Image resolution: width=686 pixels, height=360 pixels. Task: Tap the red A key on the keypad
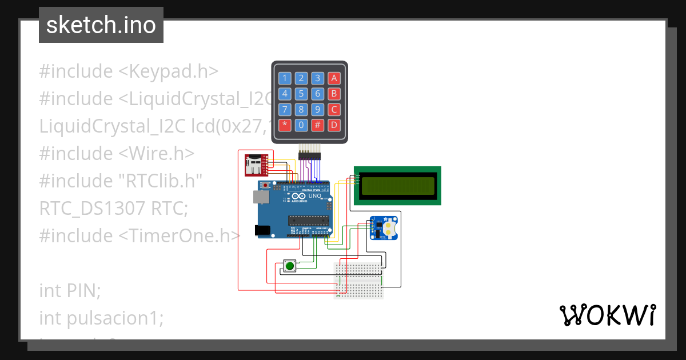click(335, 78)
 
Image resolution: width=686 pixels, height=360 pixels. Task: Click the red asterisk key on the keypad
click(284, 124)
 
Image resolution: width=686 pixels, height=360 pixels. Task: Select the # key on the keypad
click(318, 124)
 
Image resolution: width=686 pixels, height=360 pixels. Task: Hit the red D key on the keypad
click(335, 124)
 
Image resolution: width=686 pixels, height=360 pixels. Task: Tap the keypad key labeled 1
click(284, 78)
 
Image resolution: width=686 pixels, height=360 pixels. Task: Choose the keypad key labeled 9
click(318, 109)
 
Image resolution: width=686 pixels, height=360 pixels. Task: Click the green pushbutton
click(290, 266)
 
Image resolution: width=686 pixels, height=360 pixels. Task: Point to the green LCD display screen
click(397, 185)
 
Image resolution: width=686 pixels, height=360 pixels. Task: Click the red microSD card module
click(256, 165)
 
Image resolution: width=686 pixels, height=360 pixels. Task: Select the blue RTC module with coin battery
click(384, 228)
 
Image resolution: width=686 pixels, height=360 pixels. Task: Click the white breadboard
click(358, 280)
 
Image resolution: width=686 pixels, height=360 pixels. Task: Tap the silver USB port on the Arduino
click(260, 197)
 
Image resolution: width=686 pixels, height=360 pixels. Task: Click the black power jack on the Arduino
click(262, 230)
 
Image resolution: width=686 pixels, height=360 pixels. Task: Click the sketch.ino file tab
click(101, 25)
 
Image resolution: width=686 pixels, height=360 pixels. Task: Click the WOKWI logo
click(607, 315)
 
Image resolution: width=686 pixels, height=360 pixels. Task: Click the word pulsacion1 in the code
click(101, 318)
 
